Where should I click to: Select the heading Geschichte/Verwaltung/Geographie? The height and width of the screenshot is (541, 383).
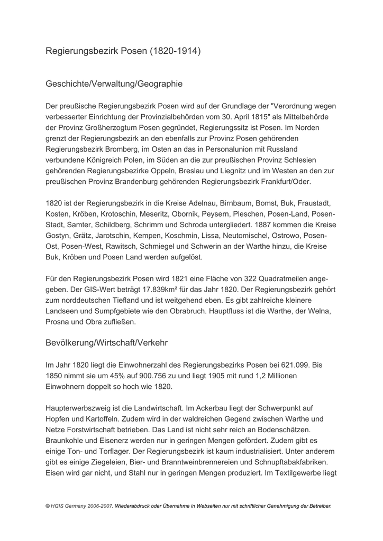(114, 83)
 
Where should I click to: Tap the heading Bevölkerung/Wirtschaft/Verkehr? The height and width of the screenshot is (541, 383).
(107, 342)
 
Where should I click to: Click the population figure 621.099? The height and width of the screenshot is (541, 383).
(292, 365)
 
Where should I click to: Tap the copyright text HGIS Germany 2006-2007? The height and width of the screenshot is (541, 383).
(78, 506)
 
